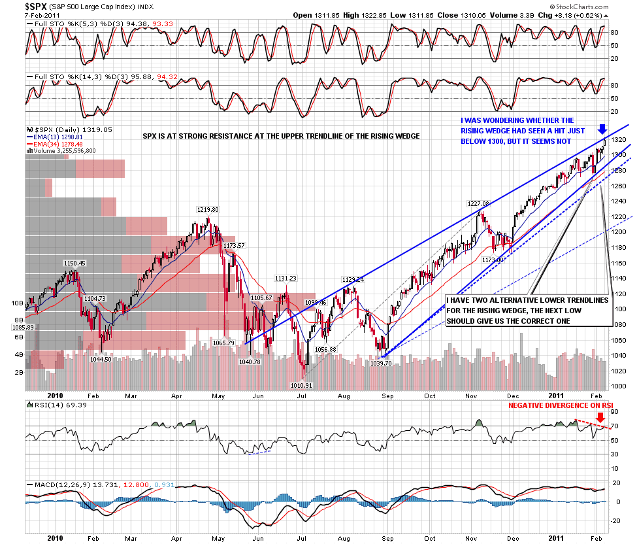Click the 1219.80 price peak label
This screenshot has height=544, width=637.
coord(208,210)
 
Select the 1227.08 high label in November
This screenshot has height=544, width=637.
coord(478,203)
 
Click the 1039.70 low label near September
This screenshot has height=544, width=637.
coord(382,362)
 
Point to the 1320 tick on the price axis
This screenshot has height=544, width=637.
coord(620,140)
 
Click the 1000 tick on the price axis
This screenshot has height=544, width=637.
coord(620,386)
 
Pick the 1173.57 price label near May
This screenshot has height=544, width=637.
coord(233,246)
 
